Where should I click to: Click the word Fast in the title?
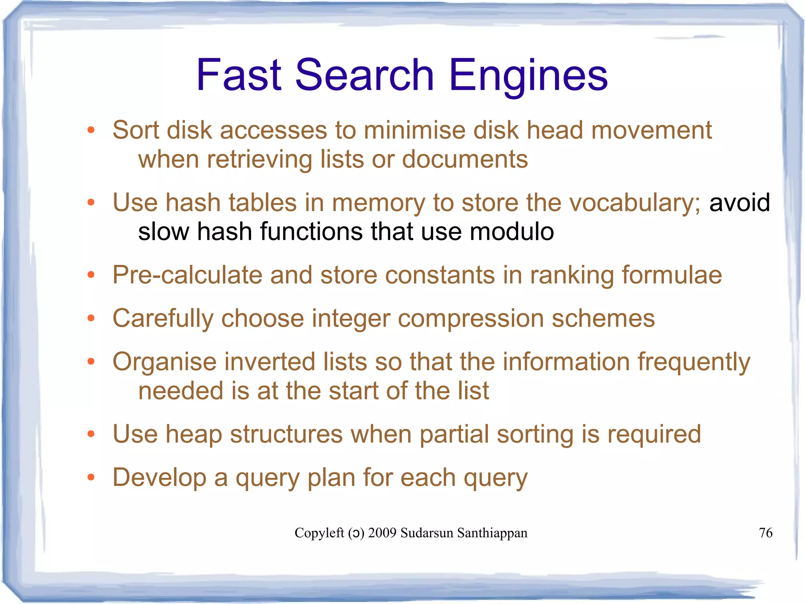239,75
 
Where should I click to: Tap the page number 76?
765,533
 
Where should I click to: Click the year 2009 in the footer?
382,533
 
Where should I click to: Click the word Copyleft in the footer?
319,533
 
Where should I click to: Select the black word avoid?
739,203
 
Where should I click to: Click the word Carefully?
163,319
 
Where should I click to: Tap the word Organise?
164,362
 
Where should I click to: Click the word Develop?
159,478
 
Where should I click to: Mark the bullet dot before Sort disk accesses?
91,130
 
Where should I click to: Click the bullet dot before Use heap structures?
91,434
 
